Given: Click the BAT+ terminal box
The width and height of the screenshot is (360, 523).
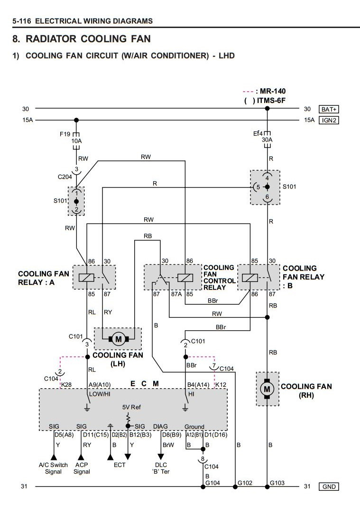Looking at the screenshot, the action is tap(329, 110).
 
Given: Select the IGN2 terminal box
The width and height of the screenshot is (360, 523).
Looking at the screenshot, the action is tap(329, 120).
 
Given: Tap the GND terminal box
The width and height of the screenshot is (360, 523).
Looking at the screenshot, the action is tap(329, 486).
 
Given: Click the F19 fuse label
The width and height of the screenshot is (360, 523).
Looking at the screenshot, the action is tap(65, 134).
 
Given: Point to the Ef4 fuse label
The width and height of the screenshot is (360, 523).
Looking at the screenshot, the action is tap(258, 133).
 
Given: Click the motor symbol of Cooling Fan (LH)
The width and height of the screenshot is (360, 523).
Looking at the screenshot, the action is tap(118, 339).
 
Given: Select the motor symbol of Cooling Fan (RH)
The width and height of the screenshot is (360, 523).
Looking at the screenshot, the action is tap(267, 389).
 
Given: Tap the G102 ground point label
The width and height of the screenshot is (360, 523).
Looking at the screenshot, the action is tap(245, 483).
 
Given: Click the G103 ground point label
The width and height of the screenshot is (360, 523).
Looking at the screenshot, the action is tap(277, 483).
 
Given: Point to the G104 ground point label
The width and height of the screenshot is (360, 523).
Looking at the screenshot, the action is tap(212, 483).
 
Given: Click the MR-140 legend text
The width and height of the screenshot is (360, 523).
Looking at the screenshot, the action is tap(273, 91).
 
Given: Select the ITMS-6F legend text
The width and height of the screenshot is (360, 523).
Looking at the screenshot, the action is tap(271, 101).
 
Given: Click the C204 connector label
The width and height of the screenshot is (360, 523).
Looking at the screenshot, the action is tap(65, 177).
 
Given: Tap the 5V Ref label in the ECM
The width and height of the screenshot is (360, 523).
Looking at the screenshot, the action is tap(131, 407).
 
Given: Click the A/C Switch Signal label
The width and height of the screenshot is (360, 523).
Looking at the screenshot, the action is tap(53, 468).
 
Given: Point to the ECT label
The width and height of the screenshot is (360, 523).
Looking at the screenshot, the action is tap(120, 465).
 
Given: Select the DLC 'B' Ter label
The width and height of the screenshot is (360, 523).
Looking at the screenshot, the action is tap(161, 468).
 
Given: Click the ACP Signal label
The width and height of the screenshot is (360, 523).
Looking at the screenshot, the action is tap(82, 468).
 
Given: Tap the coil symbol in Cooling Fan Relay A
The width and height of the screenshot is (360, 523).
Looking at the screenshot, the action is tap(87, 278).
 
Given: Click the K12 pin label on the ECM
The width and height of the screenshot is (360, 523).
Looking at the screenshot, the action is tap(221, 384).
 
